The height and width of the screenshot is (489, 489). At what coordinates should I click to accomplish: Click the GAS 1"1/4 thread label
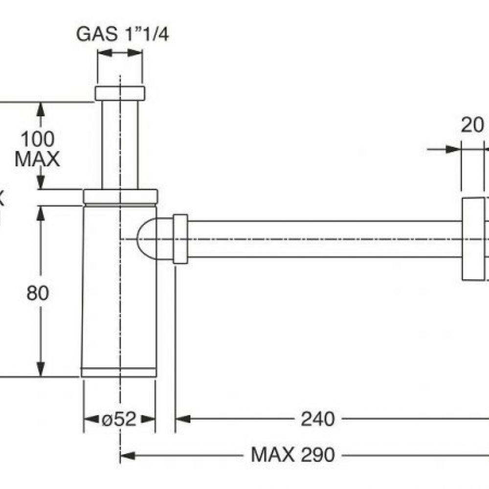(122, 35)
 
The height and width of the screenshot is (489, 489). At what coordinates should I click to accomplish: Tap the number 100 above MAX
(37, 139)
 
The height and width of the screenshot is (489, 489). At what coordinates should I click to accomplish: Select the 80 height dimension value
(38, 293)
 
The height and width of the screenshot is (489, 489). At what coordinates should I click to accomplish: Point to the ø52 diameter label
(119, 419)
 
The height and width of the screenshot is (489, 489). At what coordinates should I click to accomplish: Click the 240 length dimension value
(318, 419)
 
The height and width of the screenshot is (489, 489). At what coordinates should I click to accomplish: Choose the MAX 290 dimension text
(293, 455)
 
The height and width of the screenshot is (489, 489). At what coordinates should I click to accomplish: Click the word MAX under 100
(37, 159)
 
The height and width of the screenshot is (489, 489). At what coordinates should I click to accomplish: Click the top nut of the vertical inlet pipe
(120, 93)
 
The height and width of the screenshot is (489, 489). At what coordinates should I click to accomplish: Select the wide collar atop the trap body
(120, 196)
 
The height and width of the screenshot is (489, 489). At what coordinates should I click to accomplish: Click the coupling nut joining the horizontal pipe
(180, 239)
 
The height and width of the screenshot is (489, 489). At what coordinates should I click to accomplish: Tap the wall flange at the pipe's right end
(472, 239)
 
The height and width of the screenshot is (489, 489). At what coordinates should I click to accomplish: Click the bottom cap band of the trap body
(119, 372)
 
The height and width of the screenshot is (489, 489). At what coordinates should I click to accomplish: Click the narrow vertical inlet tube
(120, 144)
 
